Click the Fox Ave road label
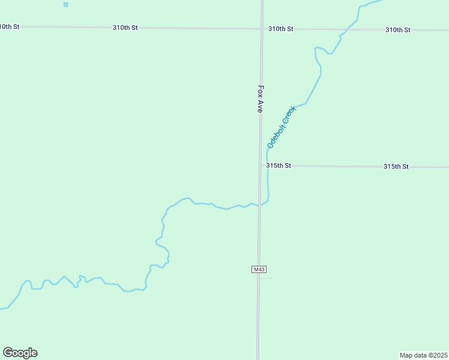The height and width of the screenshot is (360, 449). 261,98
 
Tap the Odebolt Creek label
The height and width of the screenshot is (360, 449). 282,127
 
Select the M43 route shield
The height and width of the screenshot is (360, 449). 259,269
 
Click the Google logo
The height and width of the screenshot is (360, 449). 20,353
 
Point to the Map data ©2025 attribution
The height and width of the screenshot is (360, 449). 424,355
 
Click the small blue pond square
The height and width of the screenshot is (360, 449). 65,4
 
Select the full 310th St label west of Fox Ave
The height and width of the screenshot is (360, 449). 125,28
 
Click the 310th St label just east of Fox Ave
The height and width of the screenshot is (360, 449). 280,29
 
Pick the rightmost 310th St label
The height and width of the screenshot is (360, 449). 397,29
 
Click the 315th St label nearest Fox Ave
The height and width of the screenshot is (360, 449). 279,166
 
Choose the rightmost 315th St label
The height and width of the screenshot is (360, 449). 396,166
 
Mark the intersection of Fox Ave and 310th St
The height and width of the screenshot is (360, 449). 262,28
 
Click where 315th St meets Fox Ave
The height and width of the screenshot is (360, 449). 261,166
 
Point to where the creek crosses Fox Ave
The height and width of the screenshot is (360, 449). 261,205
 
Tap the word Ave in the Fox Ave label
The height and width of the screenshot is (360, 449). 261,107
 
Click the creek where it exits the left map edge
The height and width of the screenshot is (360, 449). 2,309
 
